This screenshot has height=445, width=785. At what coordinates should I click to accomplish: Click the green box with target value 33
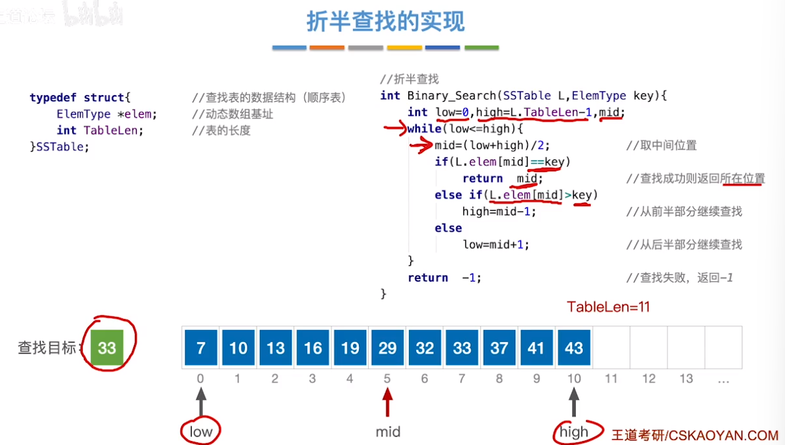point(107,347)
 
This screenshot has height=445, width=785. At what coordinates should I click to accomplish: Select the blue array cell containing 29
point(387,347)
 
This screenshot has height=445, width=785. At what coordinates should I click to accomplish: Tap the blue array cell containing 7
point(201,347)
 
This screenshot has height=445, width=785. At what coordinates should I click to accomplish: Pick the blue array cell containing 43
point(574,347)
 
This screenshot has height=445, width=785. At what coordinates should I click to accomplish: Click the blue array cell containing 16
point(313,347)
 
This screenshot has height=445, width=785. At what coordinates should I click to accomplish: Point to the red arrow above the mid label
point(387,402)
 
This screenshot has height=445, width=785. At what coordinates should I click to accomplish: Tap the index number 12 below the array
point(649,379)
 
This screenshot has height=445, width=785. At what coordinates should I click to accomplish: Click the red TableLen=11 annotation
point(608,307)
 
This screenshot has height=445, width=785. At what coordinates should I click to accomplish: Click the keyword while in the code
point(424,129)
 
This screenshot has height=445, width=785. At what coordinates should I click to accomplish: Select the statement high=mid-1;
point(499,212)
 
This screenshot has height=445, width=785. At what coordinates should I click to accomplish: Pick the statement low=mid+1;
point(496,245)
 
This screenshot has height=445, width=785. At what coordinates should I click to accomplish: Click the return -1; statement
point(444,278)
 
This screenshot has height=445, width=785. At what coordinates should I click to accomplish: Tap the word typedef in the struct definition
point(53,98)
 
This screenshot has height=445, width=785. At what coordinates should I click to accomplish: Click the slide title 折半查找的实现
point(385,22)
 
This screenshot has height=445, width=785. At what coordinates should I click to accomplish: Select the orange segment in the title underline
point(327,47)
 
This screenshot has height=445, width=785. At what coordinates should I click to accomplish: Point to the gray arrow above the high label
point(574,402)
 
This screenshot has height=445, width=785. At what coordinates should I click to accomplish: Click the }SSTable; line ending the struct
point(60,146)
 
